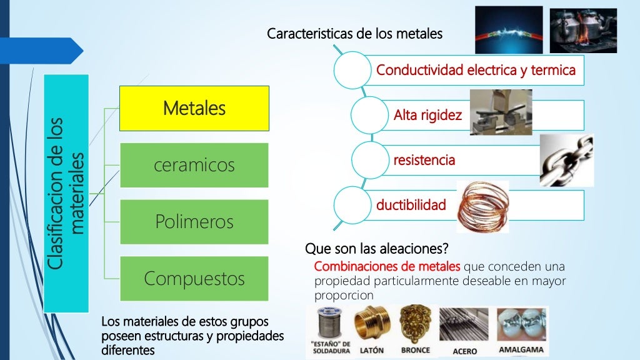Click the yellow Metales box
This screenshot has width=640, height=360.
pyautogui.click(x=194, y=108)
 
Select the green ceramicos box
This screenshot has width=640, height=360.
pyautogui.click(x=194, y=165)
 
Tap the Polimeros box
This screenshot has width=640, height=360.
pyautogui.click(x=194, y=222)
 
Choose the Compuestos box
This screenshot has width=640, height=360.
pyautogui.click(x=194, y=278)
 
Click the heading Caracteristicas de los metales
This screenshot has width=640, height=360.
pyautogui.click(x=354, y=34)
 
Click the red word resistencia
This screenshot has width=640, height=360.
pyautogui.click(x=424, y=160)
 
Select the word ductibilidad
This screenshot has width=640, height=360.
pyautogui.click(x=411, y=204)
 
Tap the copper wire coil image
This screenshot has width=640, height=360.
pyautogui.click(x=483, y=206)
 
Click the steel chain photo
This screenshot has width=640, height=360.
pyautogui.click(x=566, y=160)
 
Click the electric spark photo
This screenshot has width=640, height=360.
pyautogui.click(x=508, y=29)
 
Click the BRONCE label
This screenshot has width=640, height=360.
pyautogui.click(x=415, y=350)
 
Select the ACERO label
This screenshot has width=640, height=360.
pyautogui.click(x=464, y=351)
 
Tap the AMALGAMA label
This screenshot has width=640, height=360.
pyautogui.click(x=521, y=349)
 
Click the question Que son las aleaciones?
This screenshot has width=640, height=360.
pyautogui.click(x=377, y=249)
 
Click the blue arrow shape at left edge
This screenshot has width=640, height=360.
pyautogui.click(x=44, y=51)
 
